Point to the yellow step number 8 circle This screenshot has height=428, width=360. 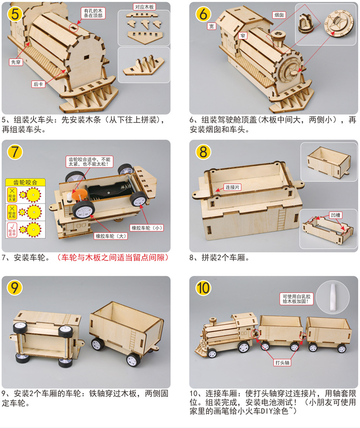pyautogui.click(x=203, y=152)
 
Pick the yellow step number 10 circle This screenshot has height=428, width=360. pyautogui.click(x=203, y=288)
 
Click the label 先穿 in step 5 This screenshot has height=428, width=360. pyautogui.click(x=15, y=62)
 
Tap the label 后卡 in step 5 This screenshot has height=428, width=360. pyautogui.click(x=38, y=83)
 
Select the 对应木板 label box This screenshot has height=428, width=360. pyautogui.click(x=144, y=7)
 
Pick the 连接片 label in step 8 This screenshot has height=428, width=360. pyautogui.click(x=233, y=187)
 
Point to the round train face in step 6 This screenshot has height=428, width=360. pyautogui.click(x=290, y=75)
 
